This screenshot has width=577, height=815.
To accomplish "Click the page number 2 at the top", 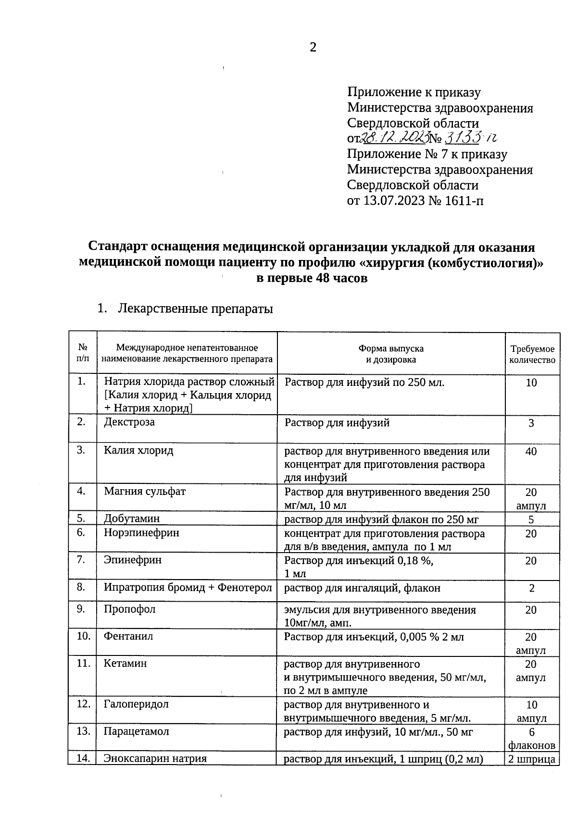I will tap(313, 47).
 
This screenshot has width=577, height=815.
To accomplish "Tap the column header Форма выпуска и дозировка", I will tap(391, 354).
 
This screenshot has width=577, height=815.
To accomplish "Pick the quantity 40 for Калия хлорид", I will tap(531, 451).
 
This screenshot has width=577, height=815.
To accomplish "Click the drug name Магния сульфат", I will tap(145, 491).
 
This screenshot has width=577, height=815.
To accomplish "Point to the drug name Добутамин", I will tap(132, 519).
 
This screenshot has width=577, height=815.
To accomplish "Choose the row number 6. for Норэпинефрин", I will tap(81, 532).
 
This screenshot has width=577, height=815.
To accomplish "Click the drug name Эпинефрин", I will tap(133, 560).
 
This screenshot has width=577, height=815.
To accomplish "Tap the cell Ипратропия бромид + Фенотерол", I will tap(188, 587).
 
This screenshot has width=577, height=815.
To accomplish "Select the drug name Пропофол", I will tap(130, 609).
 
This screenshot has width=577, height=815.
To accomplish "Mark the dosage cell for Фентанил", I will tap(374, 637).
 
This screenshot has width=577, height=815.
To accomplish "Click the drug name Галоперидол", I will tap(136, 704).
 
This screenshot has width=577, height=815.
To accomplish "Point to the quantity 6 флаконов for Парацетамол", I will tap(532, 739).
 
